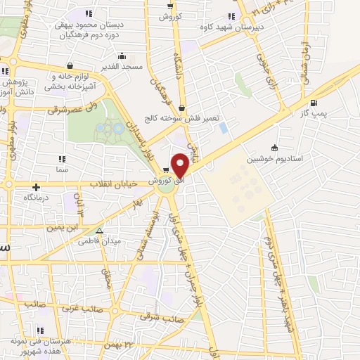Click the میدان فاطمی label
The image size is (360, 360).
pos(123,240)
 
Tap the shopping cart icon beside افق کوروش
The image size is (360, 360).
pos(166,169)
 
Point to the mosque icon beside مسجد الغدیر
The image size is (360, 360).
pos(123,56)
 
